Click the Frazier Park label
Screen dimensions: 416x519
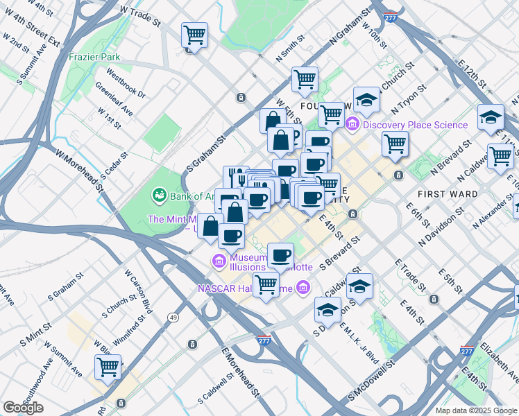pyautogui.click(x=94, y=57)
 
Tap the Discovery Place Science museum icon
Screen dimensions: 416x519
pyautogui.click(x=352, y=125)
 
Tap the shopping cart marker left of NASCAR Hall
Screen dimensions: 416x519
pyautogui.click(x=266, y=284)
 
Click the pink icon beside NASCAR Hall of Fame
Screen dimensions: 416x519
pyautogui.click(x=302, y=286)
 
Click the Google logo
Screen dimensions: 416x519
pyautogui.click(x=23, y=408)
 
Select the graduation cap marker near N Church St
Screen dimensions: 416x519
pyautogui.click(x=366, y=100)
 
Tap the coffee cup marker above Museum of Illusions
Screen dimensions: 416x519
pyautogui.click(x=280, y=256)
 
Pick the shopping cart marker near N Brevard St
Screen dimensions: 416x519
pyautogui.click(x=395, y=144)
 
